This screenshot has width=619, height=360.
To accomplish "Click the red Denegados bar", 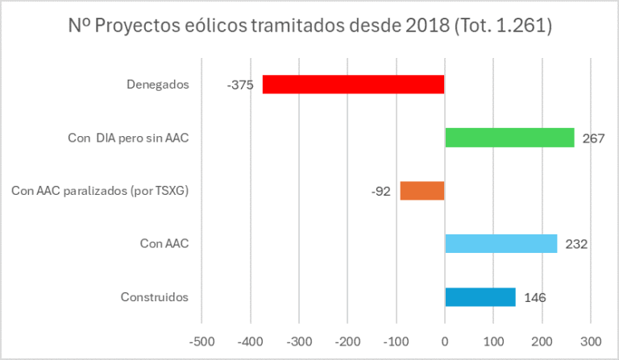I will pos(353,84).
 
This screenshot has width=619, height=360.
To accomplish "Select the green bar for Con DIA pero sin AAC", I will pos(509,138).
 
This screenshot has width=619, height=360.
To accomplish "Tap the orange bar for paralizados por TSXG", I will pos(422,191).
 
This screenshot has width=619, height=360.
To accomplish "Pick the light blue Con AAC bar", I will pos(501,243).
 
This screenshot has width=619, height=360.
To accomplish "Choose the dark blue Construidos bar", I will pos(480,297).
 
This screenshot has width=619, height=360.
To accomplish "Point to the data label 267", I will pos(593,139).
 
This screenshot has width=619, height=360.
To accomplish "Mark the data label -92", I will pos(382,192).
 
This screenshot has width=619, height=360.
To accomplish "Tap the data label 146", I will pos(534,298).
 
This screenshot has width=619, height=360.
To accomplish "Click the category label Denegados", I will pos(158,84).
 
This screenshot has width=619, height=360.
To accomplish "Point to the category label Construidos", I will pos(154,297).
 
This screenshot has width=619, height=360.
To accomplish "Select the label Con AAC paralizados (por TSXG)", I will pos(100,191).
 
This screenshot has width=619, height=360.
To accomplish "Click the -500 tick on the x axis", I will pos(201,340).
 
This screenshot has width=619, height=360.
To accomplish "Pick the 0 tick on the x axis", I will pos(445,340).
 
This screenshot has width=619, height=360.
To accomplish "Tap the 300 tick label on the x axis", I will pos(591,340).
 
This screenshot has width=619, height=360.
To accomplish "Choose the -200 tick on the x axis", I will pos(347,340).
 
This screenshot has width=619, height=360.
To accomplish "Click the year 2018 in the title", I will pos(426,26).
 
